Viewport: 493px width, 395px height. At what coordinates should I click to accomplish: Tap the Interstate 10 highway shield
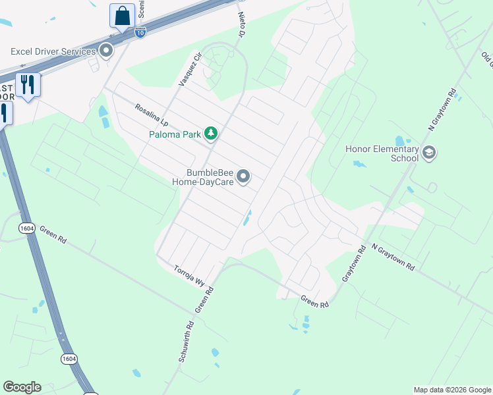click(140, 31)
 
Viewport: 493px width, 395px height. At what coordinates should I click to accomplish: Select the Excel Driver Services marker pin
click(105, 51)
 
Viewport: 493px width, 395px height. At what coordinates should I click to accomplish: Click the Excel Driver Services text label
click(53, 51)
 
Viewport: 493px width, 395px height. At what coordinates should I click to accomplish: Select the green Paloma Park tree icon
click(211, 134)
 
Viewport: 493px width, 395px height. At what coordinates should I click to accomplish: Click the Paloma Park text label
click(173, 134)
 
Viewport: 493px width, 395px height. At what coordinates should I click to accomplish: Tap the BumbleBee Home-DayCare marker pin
click(244, 176)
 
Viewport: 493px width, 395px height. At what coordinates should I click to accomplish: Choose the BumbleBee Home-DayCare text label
click(203, 177)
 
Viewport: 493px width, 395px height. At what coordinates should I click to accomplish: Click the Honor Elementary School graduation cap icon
click(428, 153)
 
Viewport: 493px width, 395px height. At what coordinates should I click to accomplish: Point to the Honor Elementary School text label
click(382, 153)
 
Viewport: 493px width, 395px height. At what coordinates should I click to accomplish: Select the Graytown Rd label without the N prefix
click(353, 265)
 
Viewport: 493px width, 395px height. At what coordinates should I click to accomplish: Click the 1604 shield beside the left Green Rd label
click(26, 227)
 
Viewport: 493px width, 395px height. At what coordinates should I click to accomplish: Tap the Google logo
click(22, 387)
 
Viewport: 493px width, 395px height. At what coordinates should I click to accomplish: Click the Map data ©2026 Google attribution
click(452, 390)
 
